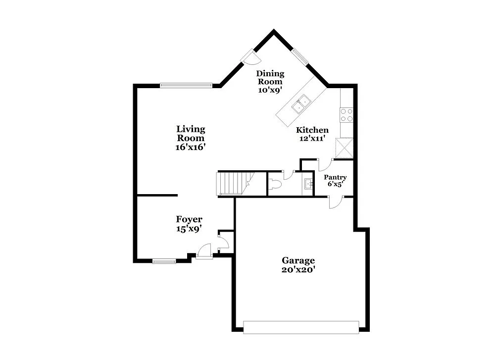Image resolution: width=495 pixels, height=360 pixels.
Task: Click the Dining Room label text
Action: coord(270,77)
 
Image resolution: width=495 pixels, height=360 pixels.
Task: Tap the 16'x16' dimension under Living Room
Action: coord(190,147)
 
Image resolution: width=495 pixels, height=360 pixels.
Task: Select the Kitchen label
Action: coord(312,130)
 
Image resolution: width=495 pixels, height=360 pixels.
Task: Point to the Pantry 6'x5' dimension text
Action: coord(335,184)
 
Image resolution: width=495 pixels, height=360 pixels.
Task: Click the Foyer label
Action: coord(189,219)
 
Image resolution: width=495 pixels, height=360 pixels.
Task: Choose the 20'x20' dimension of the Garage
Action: coord(298,270)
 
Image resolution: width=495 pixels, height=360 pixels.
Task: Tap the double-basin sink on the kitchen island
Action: coord(301,104)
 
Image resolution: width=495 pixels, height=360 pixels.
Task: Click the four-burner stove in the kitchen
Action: coord(346,115)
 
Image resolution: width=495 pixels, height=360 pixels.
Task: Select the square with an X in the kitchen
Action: coord(344,148)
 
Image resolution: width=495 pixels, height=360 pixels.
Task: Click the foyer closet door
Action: coord(224,242)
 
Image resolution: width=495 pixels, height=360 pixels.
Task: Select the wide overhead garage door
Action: coord(301,327)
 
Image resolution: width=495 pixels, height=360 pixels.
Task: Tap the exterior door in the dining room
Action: coord(250,57)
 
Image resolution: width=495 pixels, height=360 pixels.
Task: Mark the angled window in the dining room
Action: coord(300,57)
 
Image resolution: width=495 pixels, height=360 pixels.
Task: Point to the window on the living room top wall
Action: coord(186,85)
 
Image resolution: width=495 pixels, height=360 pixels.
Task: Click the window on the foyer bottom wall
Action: coord(164,261)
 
